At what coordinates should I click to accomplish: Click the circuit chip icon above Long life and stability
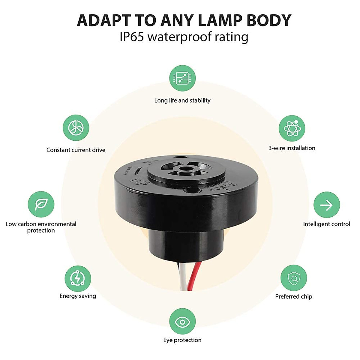[x=182, y=78]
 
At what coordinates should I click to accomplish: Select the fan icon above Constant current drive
[x=76, y=128]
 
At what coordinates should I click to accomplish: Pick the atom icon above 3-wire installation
[x=292, y=128]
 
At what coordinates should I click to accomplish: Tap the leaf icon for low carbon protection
[x=41, y=204]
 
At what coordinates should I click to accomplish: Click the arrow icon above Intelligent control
[x=327, y=205]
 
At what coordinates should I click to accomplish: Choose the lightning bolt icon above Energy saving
[x=78, y=278]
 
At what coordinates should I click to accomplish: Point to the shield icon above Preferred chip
[x=294, y=278]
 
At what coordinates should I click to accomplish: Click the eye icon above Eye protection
[x=182, y=322]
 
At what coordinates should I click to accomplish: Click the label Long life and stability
[x=182, y=100]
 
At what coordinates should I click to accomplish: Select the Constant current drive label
[x=76, y=150]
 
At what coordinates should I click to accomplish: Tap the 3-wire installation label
[x=292, y=148]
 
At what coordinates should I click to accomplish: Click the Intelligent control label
[x=327, y=224]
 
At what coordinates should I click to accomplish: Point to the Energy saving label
[x=78, y=296]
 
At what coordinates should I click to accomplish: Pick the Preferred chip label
[x=294, y=297]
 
